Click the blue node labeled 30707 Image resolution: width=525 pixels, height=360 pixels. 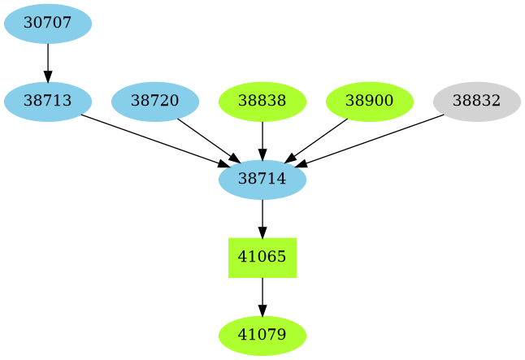48,24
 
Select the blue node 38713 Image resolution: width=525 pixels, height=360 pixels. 48,102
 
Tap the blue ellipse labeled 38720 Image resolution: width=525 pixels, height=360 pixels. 155,102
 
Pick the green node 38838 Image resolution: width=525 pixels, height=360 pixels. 262,102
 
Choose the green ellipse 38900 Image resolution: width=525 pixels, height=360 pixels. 370,102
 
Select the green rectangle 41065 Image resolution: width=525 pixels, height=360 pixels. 262,258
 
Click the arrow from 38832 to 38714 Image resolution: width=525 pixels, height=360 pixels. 371,141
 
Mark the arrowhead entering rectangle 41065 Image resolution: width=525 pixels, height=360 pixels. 262,232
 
